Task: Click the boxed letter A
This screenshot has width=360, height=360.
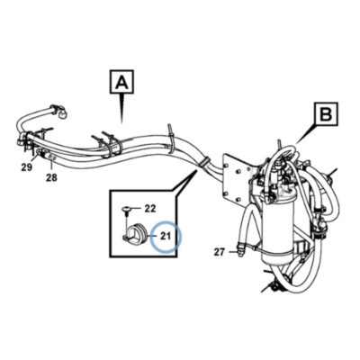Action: [122, 82]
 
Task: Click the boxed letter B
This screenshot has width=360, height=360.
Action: [327, 114]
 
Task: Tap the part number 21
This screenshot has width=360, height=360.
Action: [166, 236]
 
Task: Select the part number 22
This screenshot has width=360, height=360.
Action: [150, 208]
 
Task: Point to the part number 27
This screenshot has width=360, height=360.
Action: [220, 252]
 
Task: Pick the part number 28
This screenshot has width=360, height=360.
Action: [51, 178]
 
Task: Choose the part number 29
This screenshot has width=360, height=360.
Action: [26, 167]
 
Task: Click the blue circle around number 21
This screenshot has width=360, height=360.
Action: [166, 237]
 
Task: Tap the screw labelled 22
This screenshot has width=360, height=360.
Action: [127, 211]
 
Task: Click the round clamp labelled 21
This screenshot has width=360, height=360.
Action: [136, 233]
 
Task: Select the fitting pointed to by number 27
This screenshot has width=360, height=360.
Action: [240, 250]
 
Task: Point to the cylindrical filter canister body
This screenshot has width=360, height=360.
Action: [276, 228]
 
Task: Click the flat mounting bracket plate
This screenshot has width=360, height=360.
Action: [237, 177]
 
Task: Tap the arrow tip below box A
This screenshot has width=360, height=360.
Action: [121, 122]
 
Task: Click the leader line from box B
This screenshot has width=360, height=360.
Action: [306, 134]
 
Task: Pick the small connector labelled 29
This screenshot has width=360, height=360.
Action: [39, 153]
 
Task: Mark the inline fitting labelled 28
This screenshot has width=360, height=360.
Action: [49, 155]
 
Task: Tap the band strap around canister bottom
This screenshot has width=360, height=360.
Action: [277, 248]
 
